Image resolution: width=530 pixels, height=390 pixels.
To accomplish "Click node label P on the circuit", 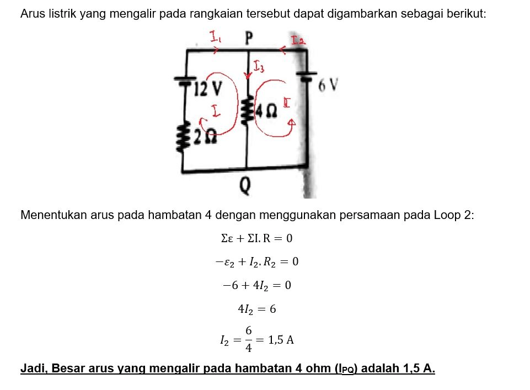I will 249,38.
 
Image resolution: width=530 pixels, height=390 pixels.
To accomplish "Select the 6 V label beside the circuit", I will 329,85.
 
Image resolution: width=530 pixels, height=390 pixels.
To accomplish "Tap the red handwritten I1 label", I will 215,38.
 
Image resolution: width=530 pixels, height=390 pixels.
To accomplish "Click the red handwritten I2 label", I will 298,39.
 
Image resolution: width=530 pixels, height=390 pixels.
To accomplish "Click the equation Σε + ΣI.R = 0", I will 256,239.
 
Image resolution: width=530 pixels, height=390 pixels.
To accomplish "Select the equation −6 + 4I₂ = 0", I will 256,285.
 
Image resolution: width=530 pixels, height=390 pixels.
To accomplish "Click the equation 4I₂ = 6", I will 256,309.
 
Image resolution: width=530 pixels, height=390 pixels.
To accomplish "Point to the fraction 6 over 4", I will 249,339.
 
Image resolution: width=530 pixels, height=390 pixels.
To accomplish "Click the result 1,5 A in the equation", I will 281,340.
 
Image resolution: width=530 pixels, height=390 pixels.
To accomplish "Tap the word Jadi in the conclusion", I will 31,368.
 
